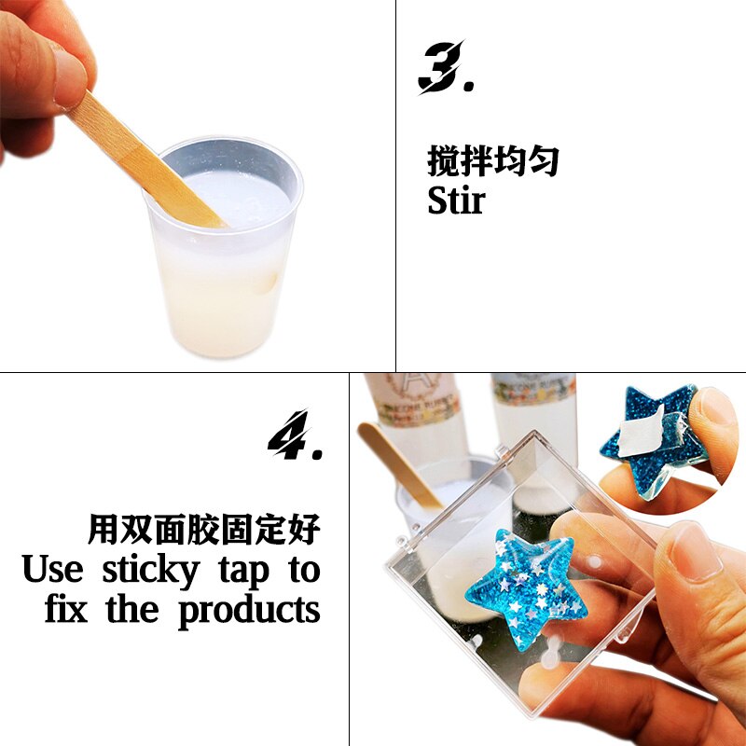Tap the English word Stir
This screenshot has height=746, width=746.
(x=456, y=200)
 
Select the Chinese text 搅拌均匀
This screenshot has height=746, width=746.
(x=493, y=161)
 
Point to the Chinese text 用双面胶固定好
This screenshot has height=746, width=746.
(x=204, y=530)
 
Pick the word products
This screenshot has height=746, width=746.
(x=249, y=611)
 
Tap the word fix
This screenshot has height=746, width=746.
(x=67, y=610)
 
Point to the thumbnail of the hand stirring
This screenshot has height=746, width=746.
(x=197, y=186)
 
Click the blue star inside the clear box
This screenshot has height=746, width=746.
(x=524, y=583)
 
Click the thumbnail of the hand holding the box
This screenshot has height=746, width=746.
(x=547, y=559)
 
